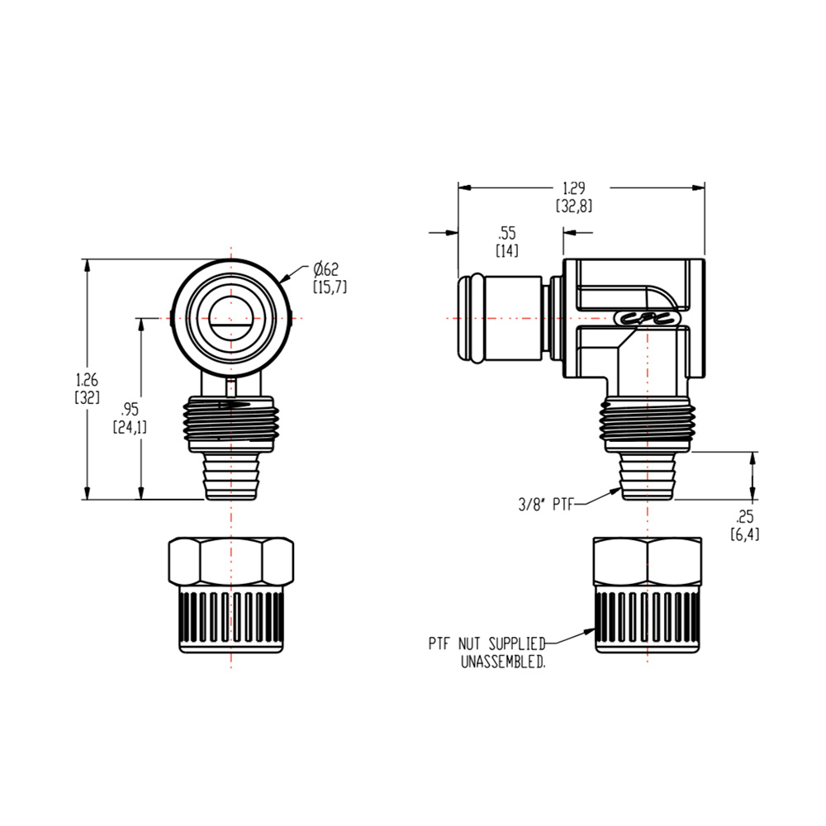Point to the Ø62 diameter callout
(326, 269)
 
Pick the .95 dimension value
(129, 410)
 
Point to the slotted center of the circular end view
(230, 318)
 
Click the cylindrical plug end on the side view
(499, 318)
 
